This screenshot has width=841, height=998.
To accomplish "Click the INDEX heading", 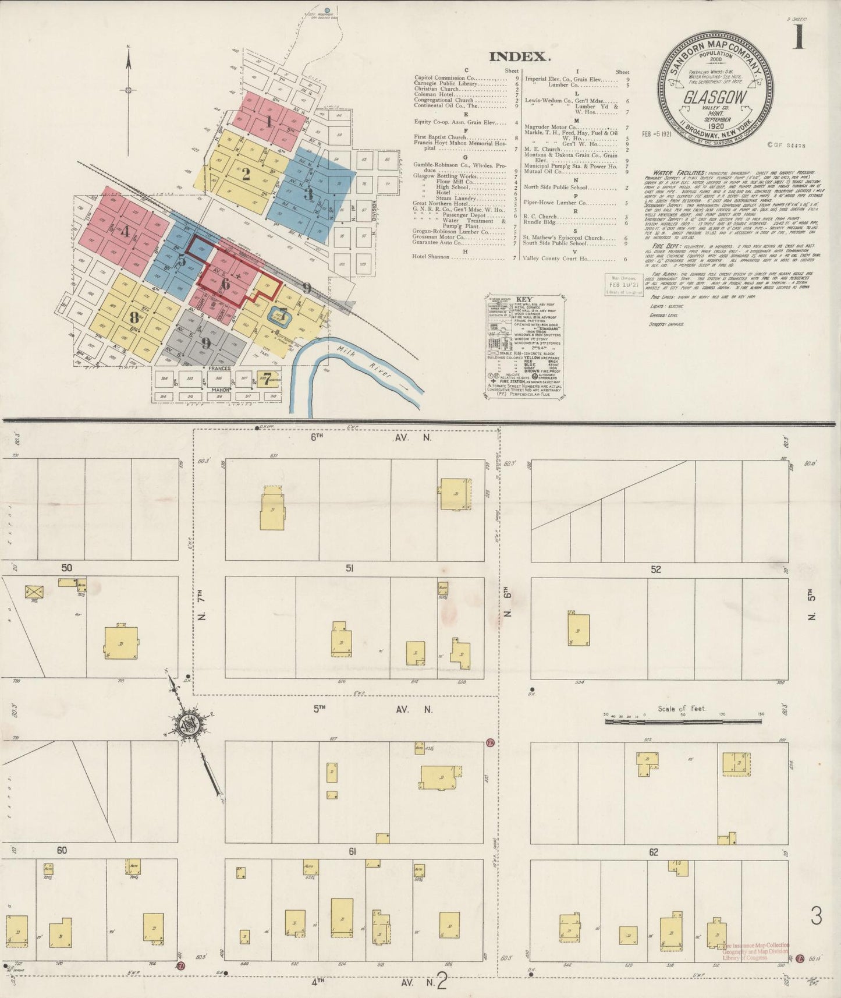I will pyautogui.click(x=519, y=56).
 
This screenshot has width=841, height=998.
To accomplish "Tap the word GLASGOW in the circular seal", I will pyautogui.click(x=715, y=97).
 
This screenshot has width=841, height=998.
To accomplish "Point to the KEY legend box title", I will pyautogui.click(x=524, y=299).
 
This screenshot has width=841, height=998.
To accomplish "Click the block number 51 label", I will pyautogui.click(x=349, y=568).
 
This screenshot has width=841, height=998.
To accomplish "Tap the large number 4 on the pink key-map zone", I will pyautogui.click(x=125, y=231).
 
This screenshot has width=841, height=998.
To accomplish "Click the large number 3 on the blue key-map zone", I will pyautogui.click(x=308, y=194).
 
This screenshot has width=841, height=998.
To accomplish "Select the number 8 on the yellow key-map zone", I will pyautogui.click(x=134, y=318).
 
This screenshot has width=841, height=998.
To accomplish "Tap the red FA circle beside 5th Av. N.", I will pyautogui.click(x=490, y=744).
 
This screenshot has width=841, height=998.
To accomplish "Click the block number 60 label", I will pyautogui.click(x=62, y=850).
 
